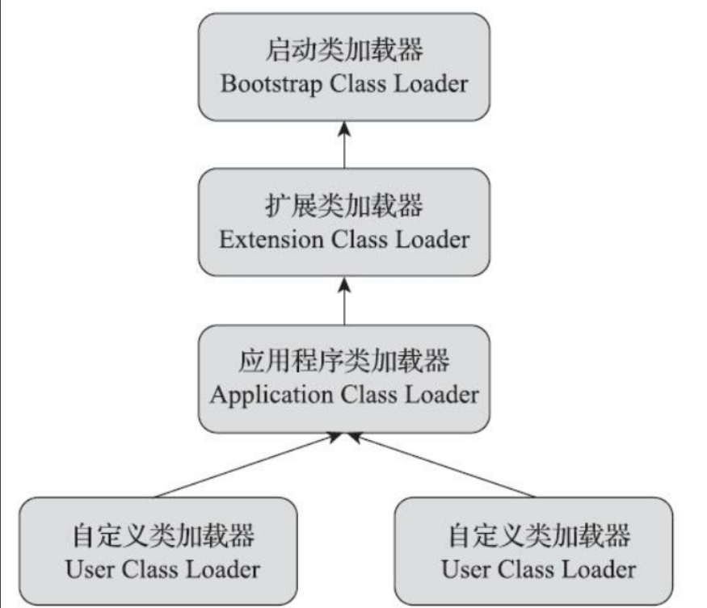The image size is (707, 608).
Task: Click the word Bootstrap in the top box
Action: (x=270, y=85)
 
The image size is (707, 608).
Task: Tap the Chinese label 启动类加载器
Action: (x=344, y=51)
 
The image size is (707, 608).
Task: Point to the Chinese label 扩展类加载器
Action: (x=344, y=206)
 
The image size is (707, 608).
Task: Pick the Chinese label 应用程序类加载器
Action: (x=344, y=362)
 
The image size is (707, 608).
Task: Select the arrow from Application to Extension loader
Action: (x=344, y=300)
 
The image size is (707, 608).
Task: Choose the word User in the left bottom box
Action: (x=90, y=568)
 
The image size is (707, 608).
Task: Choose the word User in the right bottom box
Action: (x=466, y=568)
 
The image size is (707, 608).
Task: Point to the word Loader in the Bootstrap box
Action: (x=428, y=85)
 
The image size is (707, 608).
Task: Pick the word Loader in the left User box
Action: (x=222, y=568)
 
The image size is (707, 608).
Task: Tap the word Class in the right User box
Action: (x=530, y=568)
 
